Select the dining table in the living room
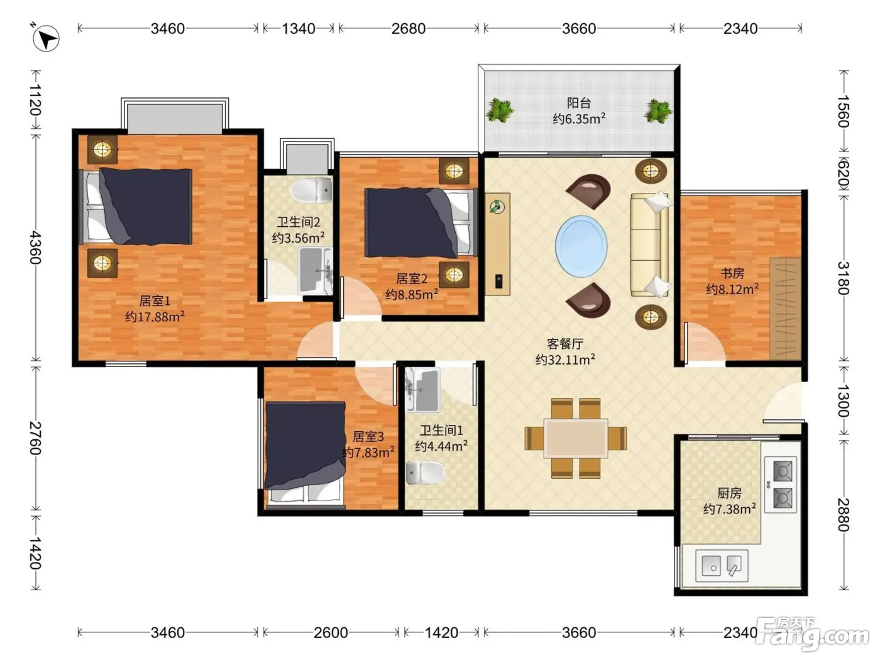[576, 438]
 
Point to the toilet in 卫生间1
[425, 473]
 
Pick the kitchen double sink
[722, 566]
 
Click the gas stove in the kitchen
[780, 485]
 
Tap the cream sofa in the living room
[649, 245]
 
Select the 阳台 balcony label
[578, 103]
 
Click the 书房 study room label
[732, 273]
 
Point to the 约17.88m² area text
[155, 317]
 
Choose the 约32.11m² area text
[565, 360]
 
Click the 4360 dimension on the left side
[36, 247]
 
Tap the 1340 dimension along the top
[299, 29]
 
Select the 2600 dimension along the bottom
[331, 633]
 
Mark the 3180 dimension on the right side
[844, 278]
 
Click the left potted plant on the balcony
[500, 110]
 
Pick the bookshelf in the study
[785, 309]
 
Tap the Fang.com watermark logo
[812, 632]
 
